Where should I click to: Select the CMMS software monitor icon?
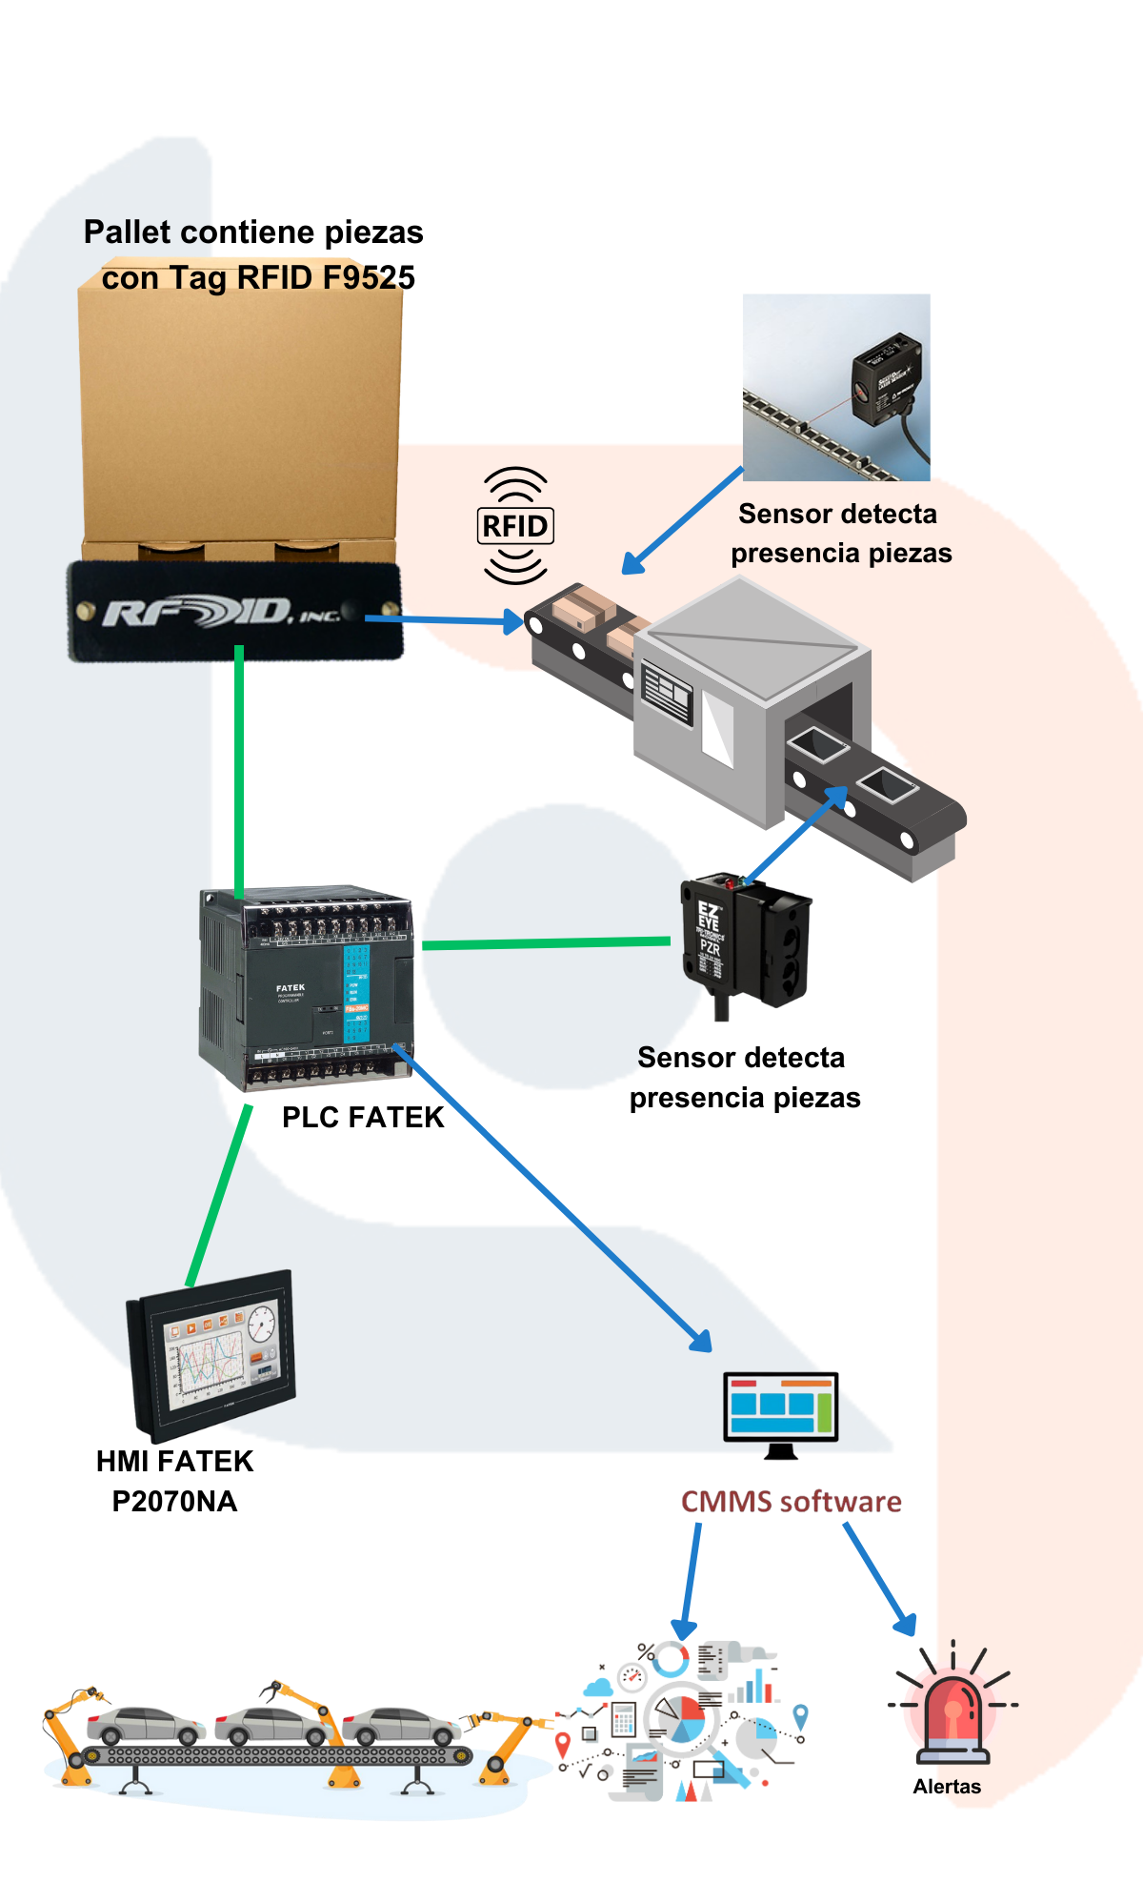[x=780, y=1411]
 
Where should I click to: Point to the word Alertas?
[x=947, y=1787]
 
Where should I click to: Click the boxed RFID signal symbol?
[x=515, y=526]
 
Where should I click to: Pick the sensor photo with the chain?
[x=836, y=387]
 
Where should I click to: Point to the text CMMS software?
[x=791, y=1502]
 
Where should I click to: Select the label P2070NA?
[x=174, y=1502]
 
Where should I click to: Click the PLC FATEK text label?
[x=363, y=1117]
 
